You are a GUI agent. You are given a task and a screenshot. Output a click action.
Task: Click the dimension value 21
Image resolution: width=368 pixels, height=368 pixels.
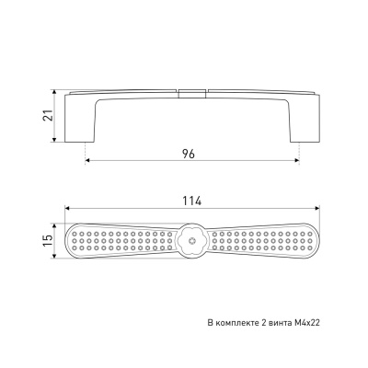tap(48, 115)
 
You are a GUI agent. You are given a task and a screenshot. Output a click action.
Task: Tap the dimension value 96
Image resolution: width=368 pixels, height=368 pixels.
tap(189, 154)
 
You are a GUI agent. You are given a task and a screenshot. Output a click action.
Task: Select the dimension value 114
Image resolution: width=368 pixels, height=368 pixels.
tap(192, 201)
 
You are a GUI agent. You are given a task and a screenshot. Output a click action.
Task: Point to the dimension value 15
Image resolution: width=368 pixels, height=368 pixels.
tap(48, 241)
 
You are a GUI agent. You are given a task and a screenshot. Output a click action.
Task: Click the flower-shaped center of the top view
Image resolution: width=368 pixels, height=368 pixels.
tap(192, 240)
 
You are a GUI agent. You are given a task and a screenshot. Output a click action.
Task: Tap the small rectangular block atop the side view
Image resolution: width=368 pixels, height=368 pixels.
tap(191, 94)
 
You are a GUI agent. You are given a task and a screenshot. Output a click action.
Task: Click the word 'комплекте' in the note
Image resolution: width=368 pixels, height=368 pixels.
tap(234, 323)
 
